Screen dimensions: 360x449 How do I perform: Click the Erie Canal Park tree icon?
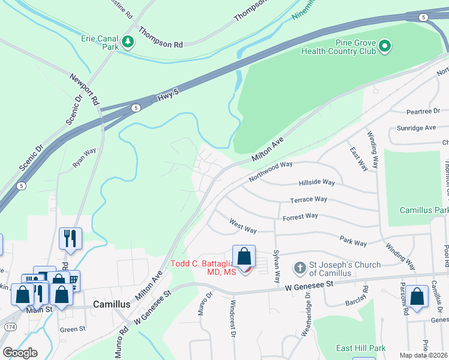(127, 41)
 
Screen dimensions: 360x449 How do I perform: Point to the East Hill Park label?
(360, 348)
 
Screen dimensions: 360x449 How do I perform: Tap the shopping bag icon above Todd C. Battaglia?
(244, 257)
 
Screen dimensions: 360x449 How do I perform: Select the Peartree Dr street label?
(427, 111)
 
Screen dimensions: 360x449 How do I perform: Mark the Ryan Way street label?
(84, 158)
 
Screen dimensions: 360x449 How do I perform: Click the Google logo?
(20, 352)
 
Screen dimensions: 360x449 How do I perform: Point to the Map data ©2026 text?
(423, 355)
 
